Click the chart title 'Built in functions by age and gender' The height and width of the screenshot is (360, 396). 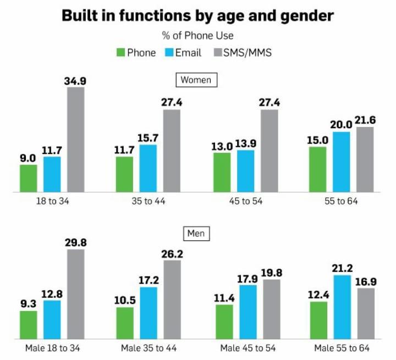197,15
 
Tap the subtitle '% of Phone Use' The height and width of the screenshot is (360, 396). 197,36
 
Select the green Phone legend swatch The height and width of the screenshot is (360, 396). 120,53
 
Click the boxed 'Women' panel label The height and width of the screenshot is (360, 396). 196,80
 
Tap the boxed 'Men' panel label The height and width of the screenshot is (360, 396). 196,234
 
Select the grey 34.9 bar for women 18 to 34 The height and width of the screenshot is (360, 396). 76,140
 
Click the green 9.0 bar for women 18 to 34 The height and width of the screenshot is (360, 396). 29,178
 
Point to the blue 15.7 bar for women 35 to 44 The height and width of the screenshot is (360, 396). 148,168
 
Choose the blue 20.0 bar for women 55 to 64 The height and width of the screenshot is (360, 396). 342,162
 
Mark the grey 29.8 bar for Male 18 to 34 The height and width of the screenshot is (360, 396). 76,295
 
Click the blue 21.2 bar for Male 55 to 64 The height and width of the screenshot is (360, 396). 342,307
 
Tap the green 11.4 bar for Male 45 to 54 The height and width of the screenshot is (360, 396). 224,322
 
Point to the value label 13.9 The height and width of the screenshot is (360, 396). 246,144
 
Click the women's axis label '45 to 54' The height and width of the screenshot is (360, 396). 246,201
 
